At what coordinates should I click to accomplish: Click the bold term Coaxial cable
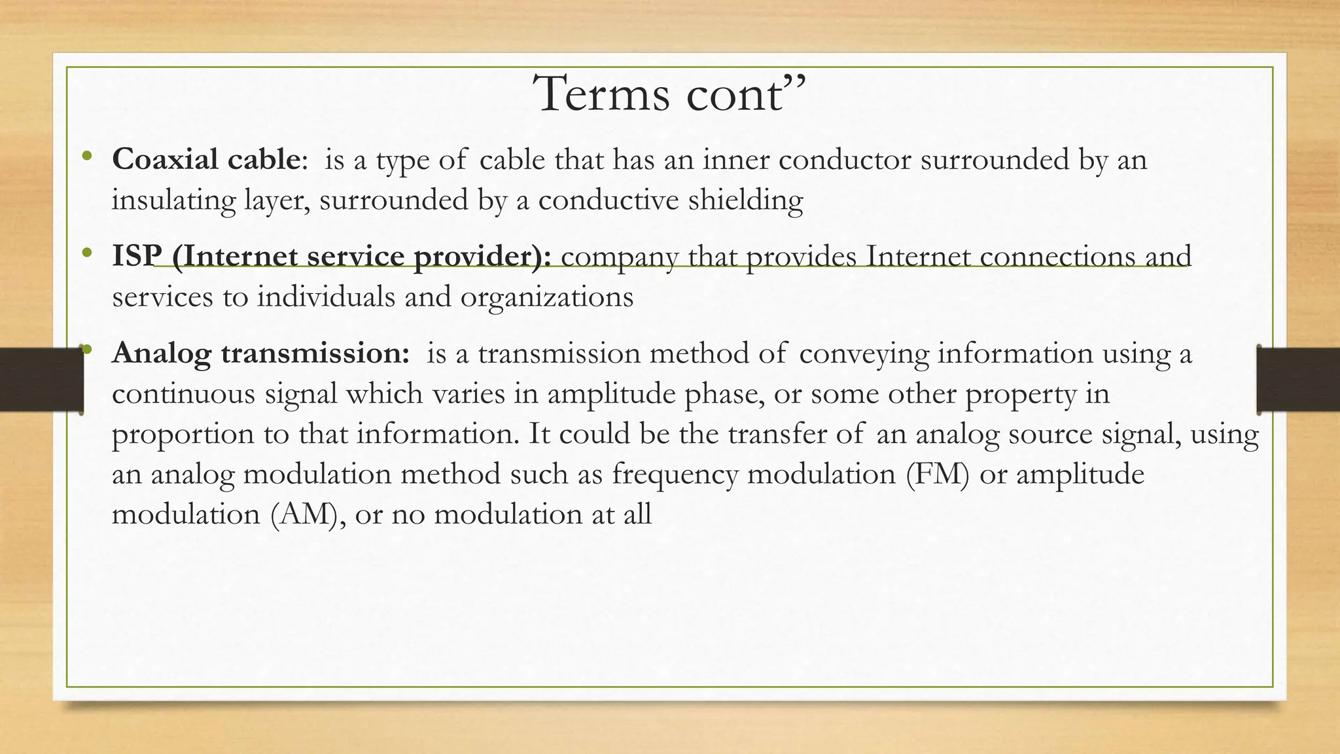205,159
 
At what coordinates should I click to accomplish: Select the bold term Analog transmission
260,353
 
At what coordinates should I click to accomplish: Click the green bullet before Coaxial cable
87,157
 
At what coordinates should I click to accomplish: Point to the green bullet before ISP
87,254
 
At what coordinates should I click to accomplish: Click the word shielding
745,200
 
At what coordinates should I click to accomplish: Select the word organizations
546,298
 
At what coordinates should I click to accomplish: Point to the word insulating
173,200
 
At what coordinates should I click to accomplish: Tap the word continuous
183,394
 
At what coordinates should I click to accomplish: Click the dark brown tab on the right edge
1298,380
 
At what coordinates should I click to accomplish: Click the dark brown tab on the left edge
41,380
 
